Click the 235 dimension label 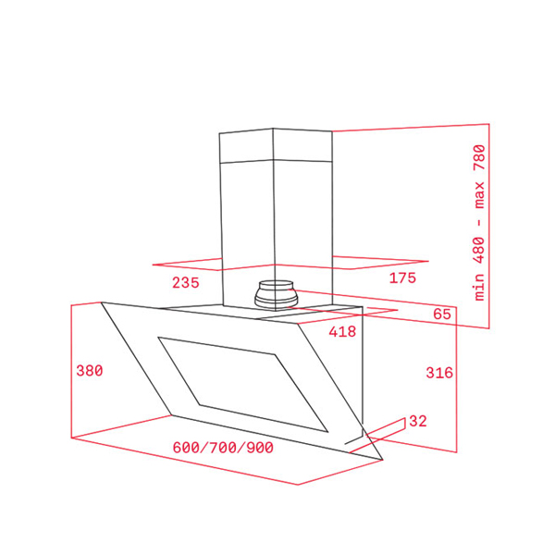(186, 282)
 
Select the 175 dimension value (402, 277)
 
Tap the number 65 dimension (442, 314)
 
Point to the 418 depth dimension (342, 332)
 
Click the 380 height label (90, 371)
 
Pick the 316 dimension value (439, 373)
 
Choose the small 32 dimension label (418, 421)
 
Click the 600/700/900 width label (223, 448)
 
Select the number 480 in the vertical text (479, 251)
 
